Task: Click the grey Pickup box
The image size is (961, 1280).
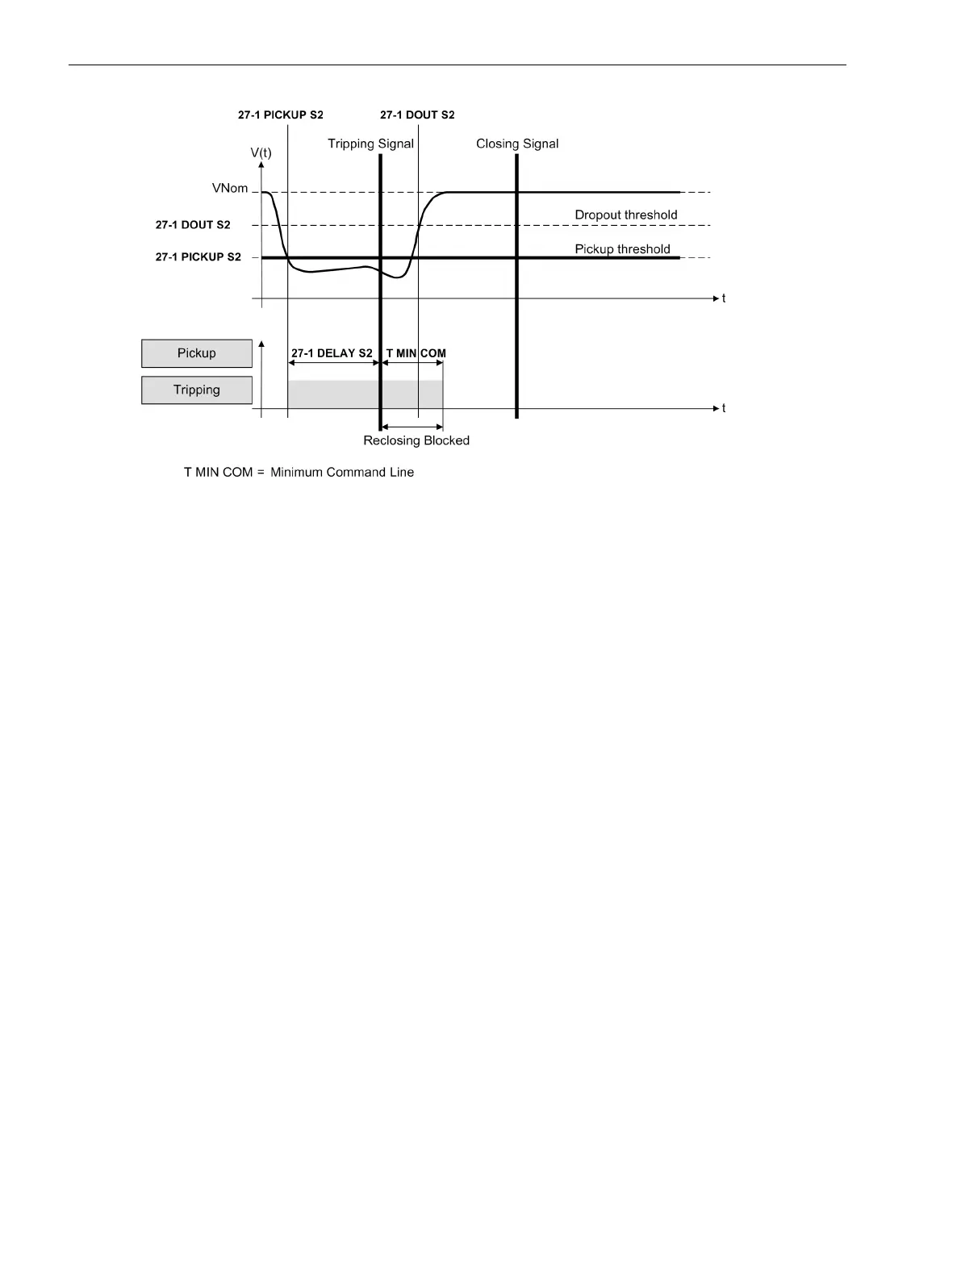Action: (x=197, y=353)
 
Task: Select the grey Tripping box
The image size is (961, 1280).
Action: (x=197, y=390)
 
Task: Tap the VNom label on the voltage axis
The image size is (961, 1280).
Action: (x=230, y=189)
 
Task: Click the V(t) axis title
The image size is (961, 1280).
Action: (x=261, y=152)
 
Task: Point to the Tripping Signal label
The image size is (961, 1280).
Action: (x=370, y=144)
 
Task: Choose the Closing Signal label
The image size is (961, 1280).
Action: (x=517, y=144)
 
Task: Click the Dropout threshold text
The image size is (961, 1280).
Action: (x=626, y=215)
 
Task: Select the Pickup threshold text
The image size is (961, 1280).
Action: (x=622, y=249)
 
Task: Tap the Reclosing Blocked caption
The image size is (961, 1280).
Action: (x=416, y=440)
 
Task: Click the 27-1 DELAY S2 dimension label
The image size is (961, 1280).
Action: (x=332, y=353)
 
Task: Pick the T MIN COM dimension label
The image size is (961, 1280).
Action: (x=416, y=353)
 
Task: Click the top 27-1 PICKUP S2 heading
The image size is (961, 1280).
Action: (x=281, y=115)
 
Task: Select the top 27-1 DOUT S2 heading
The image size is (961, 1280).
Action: (x=417, y=115)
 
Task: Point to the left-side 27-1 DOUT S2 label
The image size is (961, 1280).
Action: (x=193, y=225)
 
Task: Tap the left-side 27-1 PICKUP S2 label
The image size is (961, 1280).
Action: (x=198, y=257)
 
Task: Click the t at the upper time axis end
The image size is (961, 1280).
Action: (x=724, y=298)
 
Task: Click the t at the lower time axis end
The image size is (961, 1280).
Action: (x=724, y=409)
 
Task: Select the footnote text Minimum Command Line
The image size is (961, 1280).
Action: (x=342, y=473)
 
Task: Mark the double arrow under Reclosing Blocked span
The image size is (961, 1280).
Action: (x=412, y=427)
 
